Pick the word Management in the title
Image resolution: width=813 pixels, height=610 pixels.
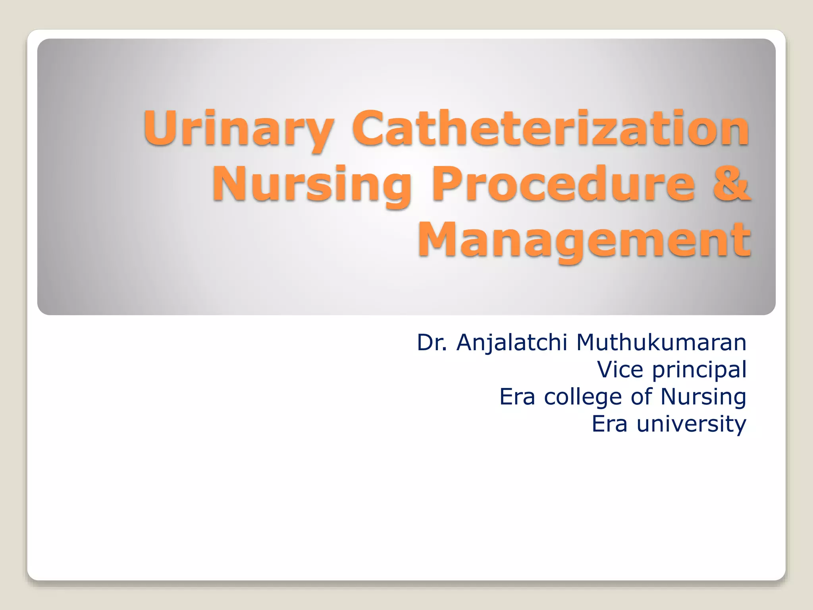pyautogui.click(x=584, y=240)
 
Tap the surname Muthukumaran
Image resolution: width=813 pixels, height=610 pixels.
pyautogui.click(x=661, y=342)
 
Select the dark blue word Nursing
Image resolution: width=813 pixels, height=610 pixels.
pyautogui.click(x=703, y=397)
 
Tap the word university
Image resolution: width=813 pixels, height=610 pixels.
pyautogui.click(x=692, y=424)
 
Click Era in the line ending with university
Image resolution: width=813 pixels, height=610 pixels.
pyautogui.click(x=610, y=424)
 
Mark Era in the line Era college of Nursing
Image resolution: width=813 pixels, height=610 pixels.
pyautogui.click(x=517, y=397)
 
